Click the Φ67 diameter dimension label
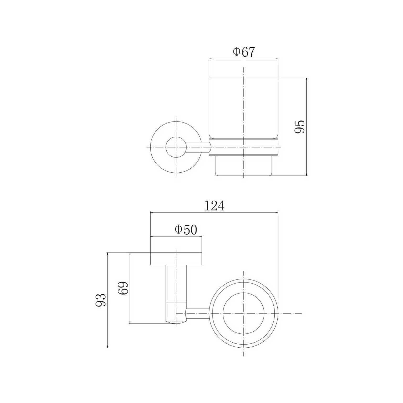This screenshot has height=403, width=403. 244,52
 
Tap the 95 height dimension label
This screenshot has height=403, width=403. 299,127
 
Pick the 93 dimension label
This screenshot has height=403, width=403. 100,300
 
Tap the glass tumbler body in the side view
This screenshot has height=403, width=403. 243,108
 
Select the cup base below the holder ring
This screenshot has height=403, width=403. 243,166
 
